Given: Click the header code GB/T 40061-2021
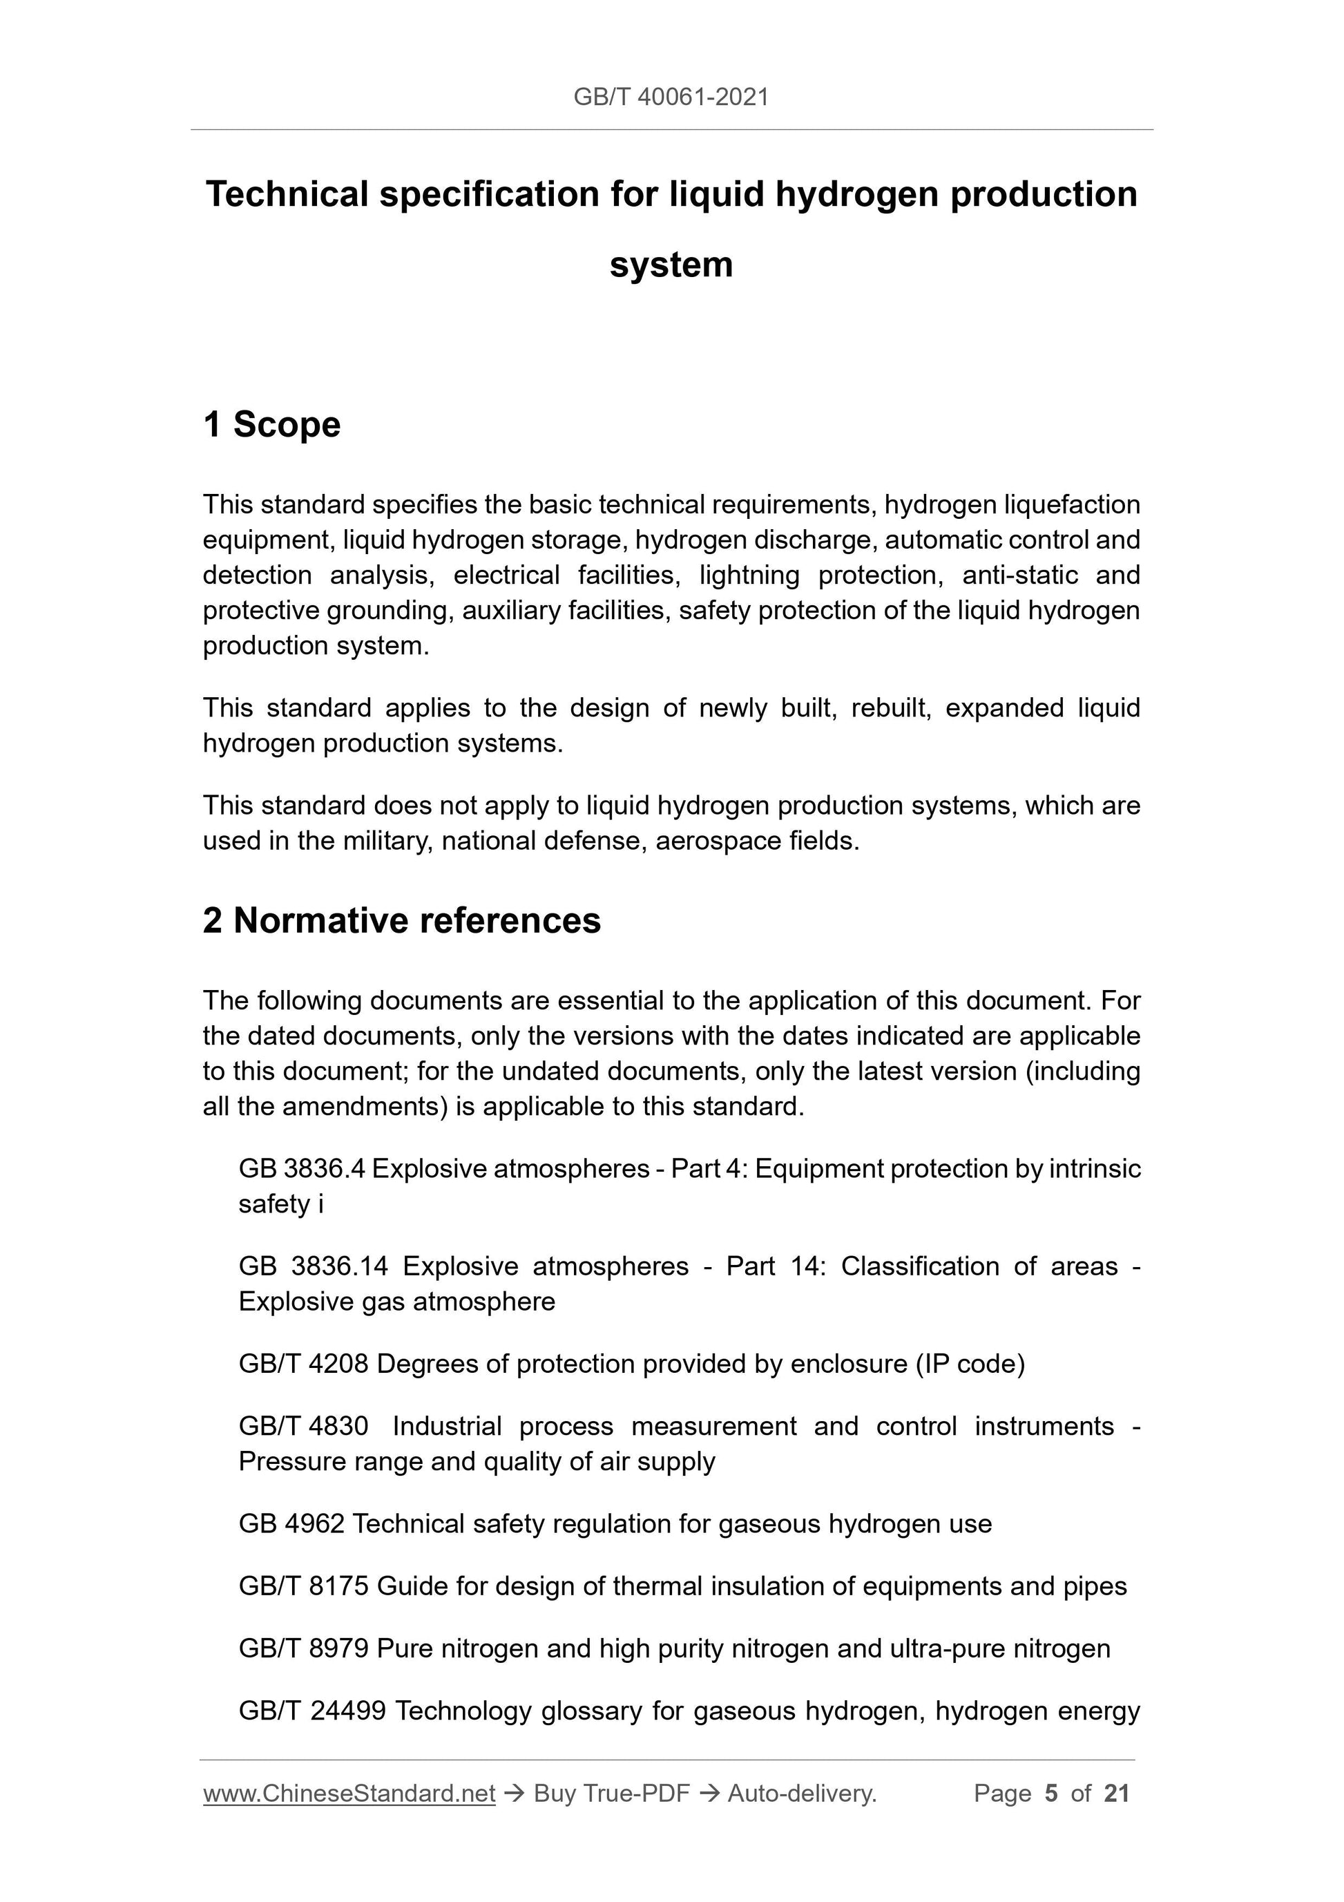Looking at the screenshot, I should tap(671, 97).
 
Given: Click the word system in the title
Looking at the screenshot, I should tap(671, 265).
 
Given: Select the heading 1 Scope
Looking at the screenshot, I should tap(271, 424).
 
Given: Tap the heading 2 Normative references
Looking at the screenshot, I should tap(402, 920).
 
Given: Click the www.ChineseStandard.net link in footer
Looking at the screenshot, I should tap(349, 1794).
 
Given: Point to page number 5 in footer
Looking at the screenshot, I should tap(1051, 1794).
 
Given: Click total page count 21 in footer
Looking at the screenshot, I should tap(1116, 1794).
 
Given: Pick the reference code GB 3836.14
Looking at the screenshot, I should tap(312, 1266).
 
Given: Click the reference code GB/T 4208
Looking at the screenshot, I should tap(303, 1364).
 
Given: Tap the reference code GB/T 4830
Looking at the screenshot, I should tap(303, 1427).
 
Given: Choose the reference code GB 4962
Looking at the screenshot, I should tap(291, 1524).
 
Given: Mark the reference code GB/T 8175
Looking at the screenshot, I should tap(303, 1586).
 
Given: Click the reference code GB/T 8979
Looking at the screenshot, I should tap(303, 1648).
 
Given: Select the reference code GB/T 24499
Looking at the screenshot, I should tap(312, 1711).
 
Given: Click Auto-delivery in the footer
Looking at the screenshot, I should tap(802, 1794).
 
